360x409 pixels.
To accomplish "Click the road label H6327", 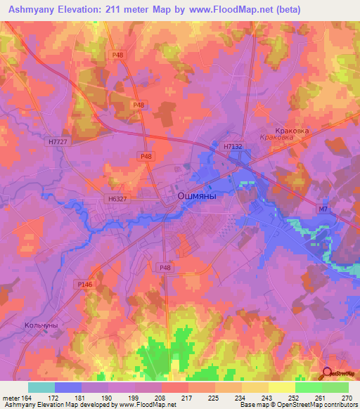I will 118,199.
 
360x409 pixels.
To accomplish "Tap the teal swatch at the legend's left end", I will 41,387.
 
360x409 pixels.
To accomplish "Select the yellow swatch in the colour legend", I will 281,387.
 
